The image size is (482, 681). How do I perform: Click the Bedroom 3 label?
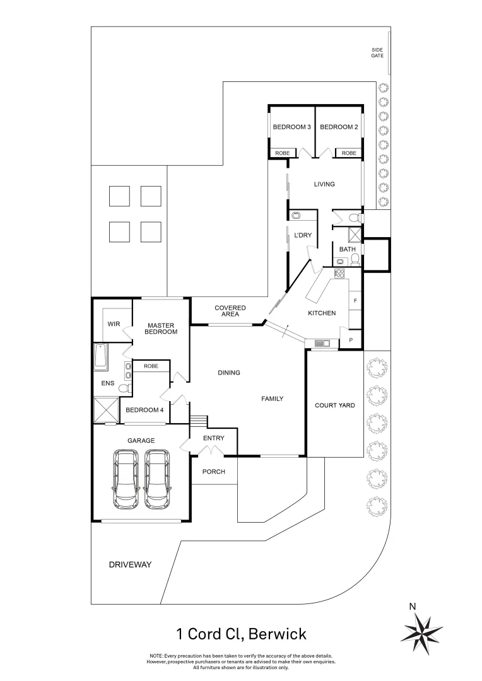(x=291, y=127)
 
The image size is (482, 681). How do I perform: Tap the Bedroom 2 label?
(x=339, y=127)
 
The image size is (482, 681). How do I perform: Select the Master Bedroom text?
(x=160, y=329)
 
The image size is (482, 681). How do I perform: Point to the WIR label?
(x=114, y=324)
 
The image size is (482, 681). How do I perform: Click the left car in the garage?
(x=127, y=479)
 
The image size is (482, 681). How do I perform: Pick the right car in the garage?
(x=156, y=479)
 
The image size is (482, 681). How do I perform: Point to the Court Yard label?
(x=334, y=405)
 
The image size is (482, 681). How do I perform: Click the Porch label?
(x=214, y=472)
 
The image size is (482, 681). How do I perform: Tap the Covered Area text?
(x=230, y=311)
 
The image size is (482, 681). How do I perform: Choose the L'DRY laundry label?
(x=303, y=235)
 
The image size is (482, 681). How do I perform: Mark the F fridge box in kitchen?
(x=355, y=301)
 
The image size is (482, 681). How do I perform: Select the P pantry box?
(x=351, y=340)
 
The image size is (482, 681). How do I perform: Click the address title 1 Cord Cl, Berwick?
(x=241, y=633)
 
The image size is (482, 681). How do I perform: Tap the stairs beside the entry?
(x=199, y=420)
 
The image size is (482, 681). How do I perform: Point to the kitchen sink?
(x=322, y=344)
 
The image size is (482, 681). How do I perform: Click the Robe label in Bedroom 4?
(x=151, y=366)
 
